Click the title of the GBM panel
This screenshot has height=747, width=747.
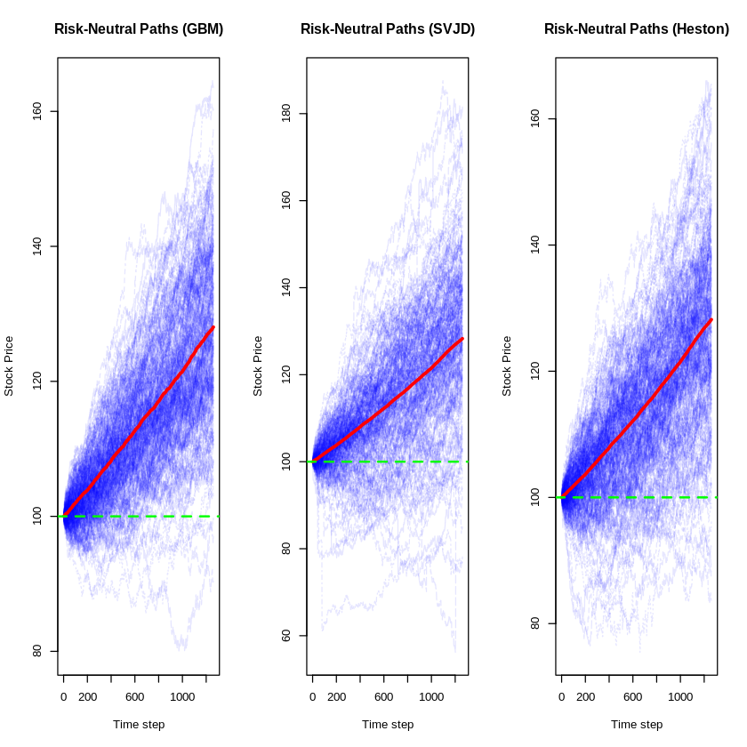(x=139, y=29)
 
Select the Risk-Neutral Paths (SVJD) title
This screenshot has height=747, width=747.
(x=388, y=29)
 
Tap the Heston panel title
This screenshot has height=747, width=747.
(x=637, y=29)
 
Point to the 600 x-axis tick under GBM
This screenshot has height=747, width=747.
(x=135, y=696)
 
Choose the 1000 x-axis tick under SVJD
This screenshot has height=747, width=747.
(x=431, y=696)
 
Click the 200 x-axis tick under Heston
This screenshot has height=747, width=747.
(x=585, y=696)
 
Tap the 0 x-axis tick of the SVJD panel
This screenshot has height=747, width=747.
(x=312, y=696)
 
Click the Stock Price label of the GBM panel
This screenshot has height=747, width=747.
(x=9, y=365)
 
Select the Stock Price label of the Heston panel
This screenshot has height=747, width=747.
(x=507, y=365)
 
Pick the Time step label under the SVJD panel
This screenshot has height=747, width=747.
(x=388, y=724)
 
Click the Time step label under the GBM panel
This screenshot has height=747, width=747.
(x=139, y=724)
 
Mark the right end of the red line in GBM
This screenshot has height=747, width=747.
(x=213, y=327)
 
